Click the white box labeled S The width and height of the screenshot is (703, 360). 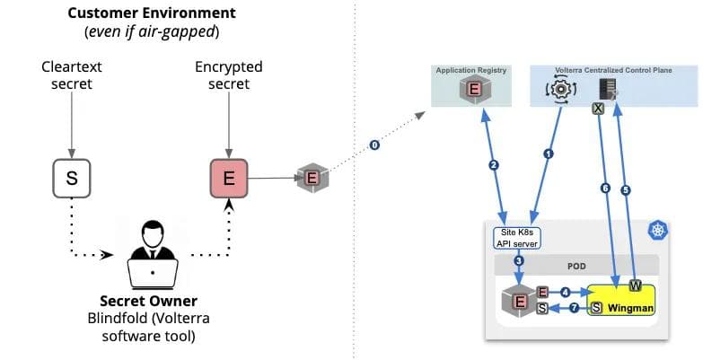[x=73, y=178]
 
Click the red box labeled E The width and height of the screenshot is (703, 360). [x=228, y=178]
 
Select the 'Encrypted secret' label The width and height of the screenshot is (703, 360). [x=228, y=76]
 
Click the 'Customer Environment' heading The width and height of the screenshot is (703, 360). [x=152, y=13]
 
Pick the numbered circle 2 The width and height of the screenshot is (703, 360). [x=493, y=164]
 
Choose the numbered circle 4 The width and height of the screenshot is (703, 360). [x=566, y=292]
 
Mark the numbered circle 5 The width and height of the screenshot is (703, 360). [x=627, y=189]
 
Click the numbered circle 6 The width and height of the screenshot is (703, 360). [x=605, y=188]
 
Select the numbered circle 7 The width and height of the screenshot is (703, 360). [x=575, y=308]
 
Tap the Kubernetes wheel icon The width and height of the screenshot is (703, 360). [x=660, y=231]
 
